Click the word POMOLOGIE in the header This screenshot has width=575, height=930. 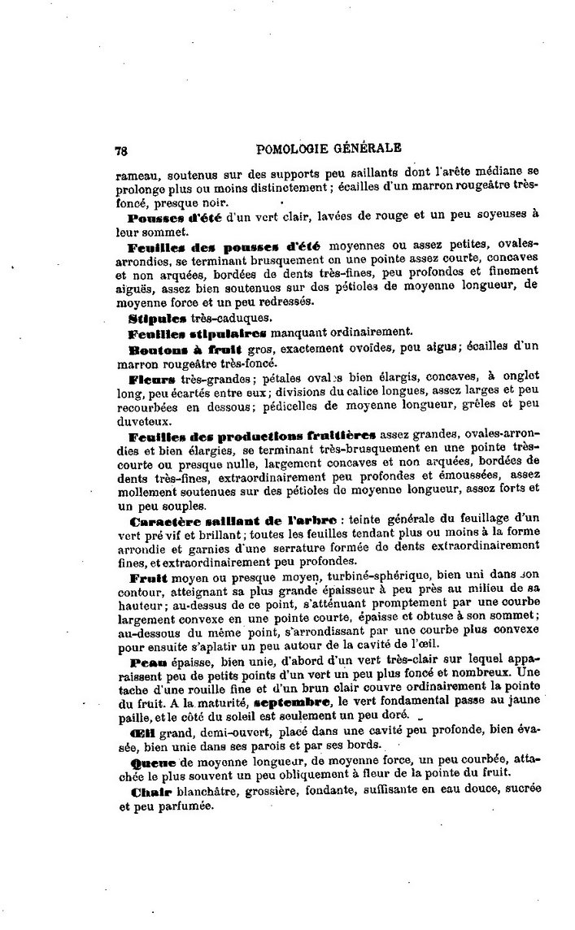pyautogui.click(x=292, y=150)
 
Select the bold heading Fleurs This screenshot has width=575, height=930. pyautogui.click(x=151, y=379)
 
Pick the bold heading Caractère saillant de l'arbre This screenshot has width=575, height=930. pyautogui.click(x=216, y=519)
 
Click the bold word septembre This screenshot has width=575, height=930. pyautogui.click(x=292, y=701)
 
